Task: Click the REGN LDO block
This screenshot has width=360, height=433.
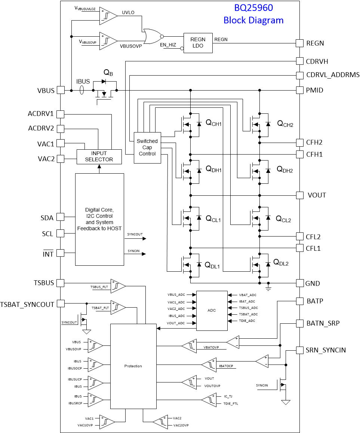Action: click(198, 43)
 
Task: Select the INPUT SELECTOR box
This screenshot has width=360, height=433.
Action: click(99, 156)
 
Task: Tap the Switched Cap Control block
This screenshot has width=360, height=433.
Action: click(147, 147)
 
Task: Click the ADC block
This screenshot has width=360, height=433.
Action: click(212, 311)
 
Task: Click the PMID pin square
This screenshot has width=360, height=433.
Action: click(299, 90)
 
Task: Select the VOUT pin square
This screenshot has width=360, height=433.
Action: click(299, 195)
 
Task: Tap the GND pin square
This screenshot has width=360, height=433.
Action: click(299, 283)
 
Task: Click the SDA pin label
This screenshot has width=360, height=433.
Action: click(47, 218)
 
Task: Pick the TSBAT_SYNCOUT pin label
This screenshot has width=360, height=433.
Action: click(27, 304)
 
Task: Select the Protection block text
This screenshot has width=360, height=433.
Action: click(133, 366)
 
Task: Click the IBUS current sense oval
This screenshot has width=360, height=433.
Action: click(82, 90)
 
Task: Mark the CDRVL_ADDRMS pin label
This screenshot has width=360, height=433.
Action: click(333, 75)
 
